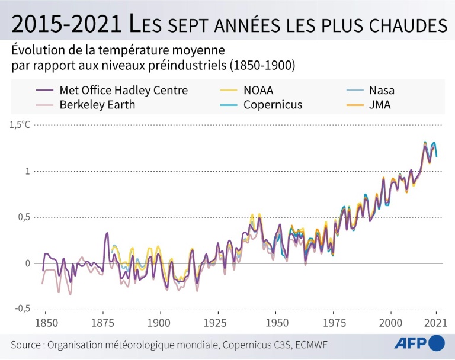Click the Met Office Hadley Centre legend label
click(x=123, y=91)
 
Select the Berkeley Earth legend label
click(x=97, y=105)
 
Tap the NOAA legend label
click(x=258, y=91)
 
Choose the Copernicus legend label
click(x=273, y=105)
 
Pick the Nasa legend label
click(x=382, y=91)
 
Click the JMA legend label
click(x=380, y=105)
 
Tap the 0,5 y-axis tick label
click(x=22, y=217)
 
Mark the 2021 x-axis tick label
click(x=436, y=323)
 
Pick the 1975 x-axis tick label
click(x=332, y=323)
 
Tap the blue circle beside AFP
click(x=436, y=343)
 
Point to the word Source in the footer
click(x=28, y=345)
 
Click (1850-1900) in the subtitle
click(x=261, y=65)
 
